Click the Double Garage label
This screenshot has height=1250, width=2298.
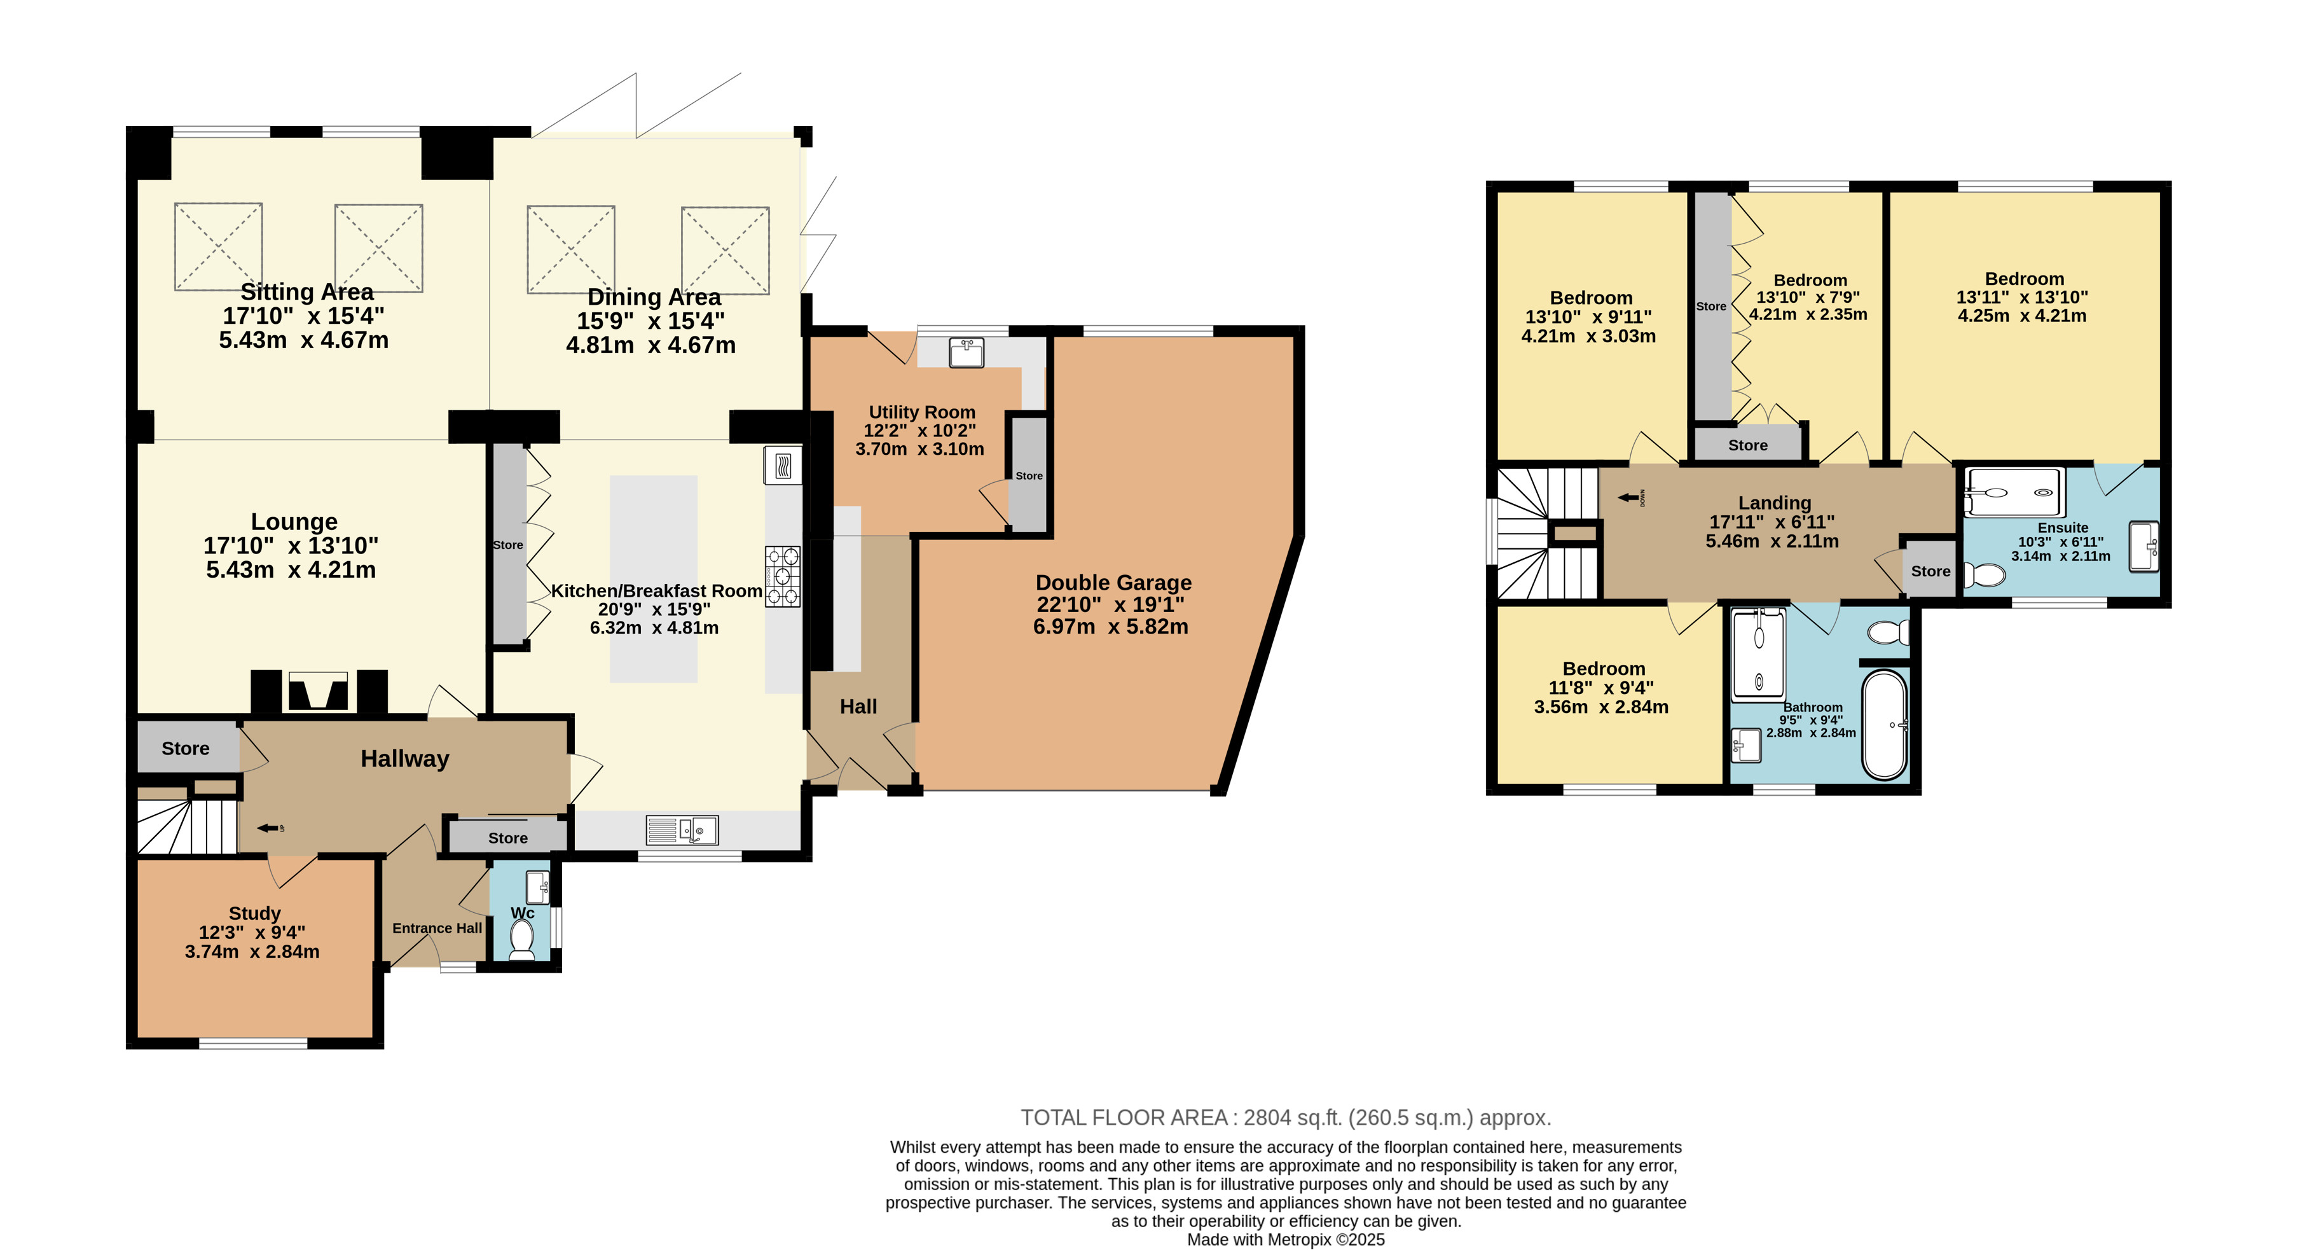1113,583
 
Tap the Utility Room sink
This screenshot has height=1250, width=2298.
966,352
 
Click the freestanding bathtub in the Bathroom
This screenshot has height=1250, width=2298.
1884,725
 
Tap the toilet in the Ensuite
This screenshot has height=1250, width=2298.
1984,574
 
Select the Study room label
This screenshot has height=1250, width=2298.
255,913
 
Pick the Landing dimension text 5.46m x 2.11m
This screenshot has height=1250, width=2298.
1772,541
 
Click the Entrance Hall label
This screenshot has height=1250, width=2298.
437,928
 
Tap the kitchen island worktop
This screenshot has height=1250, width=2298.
654,579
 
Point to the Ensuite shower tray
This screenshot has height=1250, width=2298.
2014,492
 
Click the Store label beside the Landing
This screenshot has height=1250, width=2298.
1930,571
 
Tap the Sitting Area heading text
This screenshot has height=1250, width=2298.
307,292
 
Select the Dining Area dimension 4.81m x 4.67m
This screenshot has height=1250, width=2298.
651,345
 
